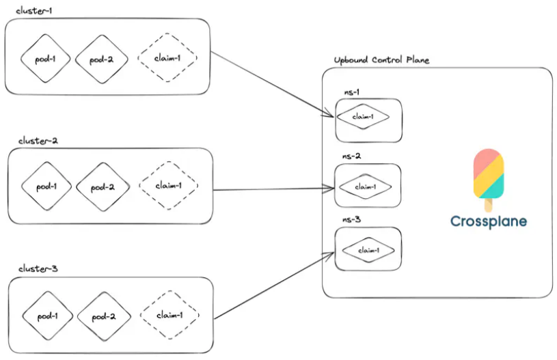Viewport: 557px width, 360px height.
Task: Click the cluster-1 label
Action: coord(33,11)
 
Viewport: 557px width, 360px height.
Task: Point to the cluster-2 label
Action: coord(38,141)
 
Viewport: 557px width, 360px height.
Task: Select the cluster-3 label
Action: coord(38,268)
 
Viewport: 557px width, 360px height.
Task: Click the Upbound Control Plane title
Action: coord(381,60)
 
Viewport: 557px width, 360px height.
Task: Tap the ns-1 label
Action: coord(352,92)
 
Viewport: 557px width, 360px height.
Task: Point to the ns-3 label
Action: coord(352,219)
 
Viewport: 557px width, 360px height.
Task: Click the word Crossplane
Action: coord(489,221)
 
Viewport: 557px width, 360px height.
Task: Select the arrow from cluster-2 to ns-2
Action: coord(273,189)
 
